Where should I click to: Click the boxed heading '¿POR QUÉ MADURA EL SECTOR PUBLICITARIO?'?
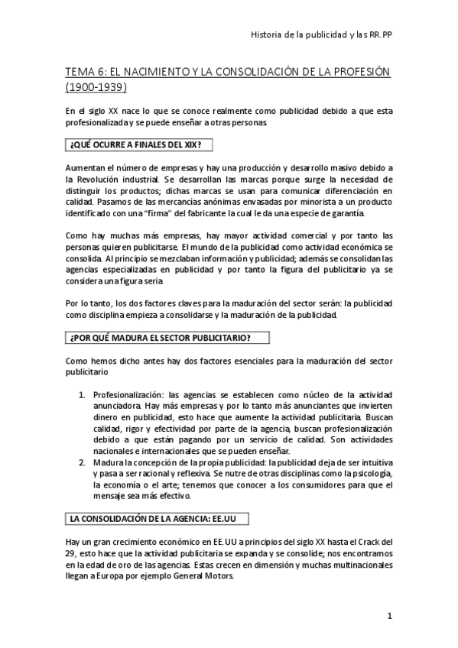click(169, 337)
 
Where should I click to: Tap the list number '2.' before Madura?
click(84, 463)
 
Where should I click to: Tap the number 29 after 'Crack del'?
click(71, 553)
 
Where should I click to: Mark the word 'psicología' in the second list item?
click(371, 475)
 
